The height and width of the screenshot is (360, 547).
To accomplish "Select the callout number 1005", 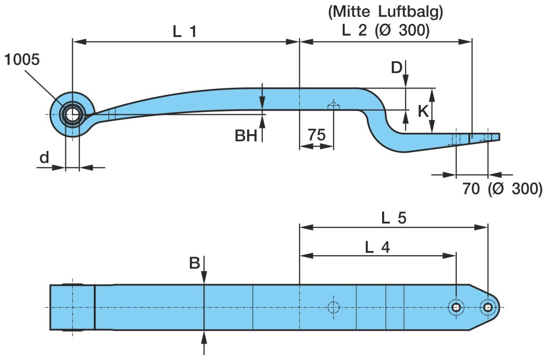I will coord(22,60).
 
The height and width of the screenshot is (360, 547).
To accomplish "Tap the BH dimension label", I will coord(246,137).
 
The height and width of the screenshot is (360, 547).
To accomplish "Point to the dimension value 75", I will coord(316,135).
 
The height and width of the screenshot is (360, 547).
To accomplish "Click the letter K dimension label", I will coord(423,112).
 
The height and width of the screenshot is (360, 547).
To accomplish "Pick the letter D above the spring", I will coord(396,68).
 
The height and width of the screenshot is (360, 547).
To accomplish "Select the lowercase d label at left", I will coord(44,158).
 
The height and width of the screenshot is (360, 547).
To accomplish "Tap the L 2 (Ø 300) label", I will coord(385,31).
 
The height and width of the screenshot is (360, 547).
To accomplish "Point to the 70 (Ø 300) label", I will coord(502,189).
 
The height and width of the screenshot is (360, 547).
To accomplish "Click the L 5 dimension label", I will coord(394,218).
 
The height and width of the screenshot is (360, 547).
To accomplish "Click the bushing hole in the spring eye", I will coord(72,115).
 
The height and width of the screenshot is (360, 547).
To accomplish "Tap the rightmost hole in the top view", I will coord(488,307).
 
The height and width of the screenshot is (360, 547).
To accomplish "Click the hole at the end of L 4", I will coord(455,307).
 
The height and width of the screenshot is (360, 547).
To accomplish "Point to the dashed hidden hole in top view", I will coord(333,307).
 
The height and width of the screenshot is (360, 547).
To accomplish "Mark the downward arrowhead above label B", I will coord(204,279).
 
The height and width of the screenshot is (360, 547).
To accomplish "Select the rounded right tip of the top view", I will coord(498,307).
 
